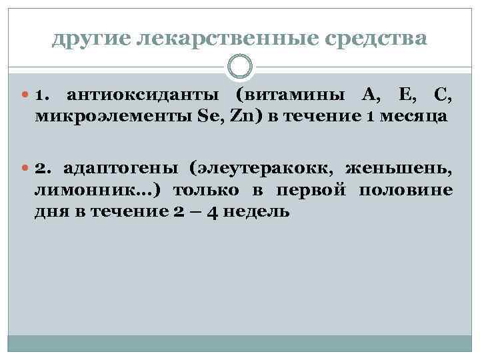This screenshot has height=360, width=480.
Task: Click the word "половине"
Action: [x=406, y=191]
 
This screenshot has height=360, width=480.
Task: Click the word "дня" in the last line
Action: [x=52, y=211]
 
